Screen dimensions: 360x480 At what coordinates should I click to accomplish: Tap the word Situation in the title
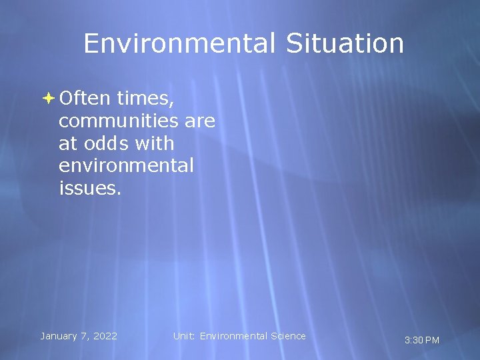345,44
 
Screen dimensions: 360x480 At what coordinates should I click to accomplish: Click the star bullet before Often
49,98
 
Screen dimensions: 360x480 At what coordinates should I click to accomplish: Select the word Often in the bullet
84,98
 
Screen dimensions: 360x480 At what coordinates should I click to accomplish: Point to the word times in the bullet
145,99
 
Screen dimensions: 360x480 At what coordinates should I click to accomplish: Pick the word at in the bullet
67,143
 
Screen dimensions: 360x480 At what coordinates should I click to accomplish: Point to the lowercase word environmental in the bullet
126,165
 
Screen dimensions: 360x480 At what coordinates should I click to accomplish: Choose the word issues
89,188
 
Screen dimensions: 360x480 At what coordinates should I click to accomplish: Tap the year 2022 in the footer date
105,336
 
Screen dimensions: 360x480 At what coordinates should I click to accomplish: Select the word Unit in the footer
184,336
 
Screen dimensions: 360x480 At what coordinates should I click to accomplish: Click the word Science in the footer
287,336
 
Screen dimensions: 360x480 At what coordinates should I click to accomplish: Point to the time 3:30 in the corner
413,340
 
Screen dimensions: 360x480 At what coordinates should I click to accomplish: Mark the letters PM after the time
432,340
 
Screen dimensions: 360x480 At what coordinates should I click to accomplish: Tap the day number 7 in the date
84,336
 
